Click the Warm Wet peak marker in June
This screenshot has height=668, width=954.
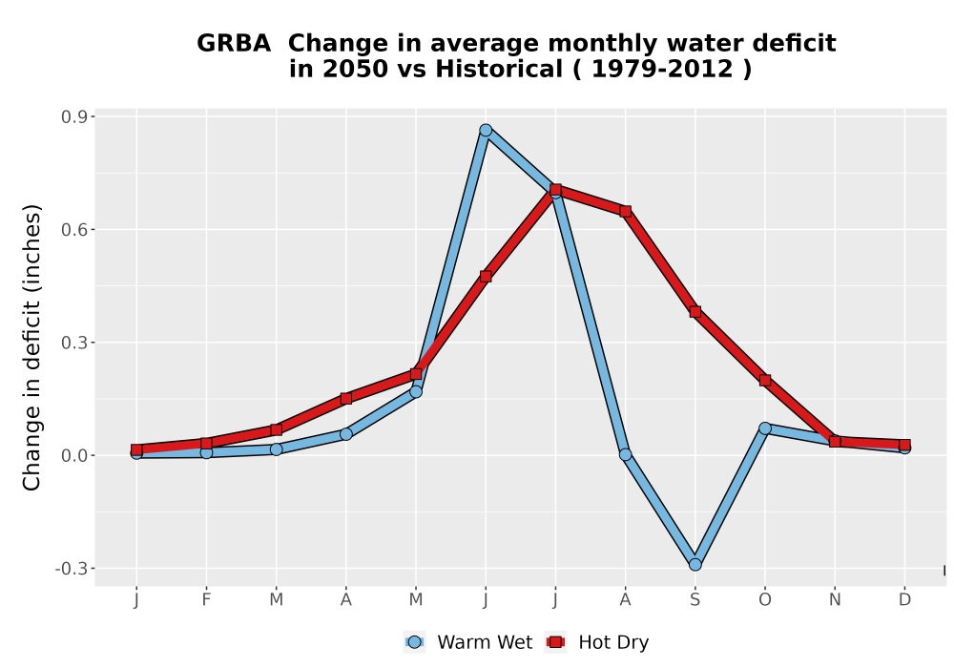[486, 130]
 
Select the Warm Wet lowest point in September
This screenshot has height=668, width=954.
[695, 565]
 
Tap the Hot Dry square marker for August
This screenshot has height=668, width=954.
[626, 211]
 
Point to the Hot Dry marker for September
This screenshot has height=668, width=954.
[695, 311]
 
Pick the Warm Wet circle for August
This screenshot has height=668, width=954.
[626, 454]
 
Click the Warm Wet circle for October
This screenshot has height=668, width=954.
[765, 428]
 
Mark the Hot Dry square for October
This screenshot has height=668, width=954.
[765, 380]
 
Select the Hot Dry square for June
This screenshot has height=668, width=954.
[486, 276]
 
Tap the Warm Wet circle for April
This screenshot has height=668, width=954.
[345, 434]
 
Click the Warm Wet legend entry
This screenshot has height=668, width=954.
[467, 642]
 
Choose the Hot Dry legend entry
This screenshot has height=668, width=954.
[597, 642]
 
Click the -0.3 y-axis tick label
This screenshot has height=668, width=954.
[71, 569]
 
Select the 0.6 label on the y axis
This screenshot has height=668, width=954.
[73, 229]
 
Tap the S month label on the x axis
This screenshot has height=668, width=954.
[695, 600]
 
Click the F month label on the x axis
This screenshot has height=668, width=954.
[206, 600]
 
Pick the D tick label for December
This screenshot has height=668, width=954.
[904, 600]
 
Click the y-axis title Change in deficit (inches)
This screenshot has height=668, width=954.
[31, 347]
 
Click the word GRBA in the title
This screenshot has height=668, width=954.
[234, 43]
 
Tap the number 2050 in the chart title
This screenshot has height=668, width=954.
[355, 69]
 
